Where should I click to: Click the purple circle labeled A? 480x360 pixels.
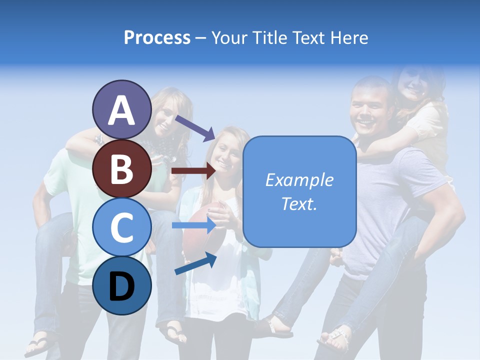[121, 110]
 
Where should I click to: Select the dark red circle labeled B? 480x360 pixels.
[121, 168]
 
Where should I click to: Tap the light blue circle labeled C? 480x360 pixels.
[121, 227]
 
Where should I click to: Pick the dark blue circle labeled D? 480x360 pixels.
[121, 285]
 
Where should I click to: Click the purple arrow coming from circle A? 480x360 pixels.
[195, 127]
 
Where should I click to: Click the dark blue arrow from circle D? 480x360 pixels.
[195, 263]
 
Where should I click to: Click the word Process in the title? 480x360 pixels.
[157, 37]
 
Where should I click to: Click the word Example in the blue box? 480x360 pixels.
[299, 180]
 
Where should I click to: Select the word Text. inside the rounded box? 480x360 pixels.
[299, 203]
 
